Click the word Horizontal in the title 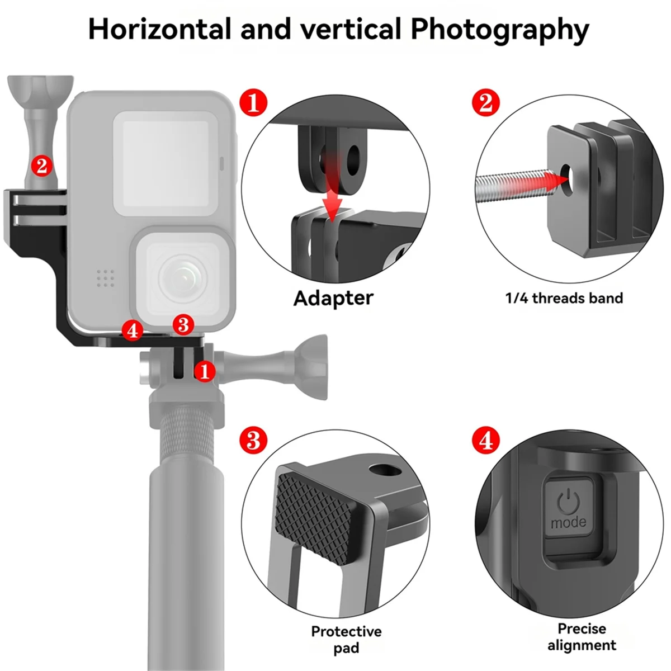point(159,29)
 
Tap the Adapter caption point(333,298)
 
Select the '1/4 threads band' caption point(564,298)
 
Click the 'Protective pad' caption point(346,640)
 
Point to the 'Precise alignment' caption point(582,637)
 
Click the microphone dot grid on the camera point(106,278)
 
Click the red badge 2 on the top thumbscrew point(42,165)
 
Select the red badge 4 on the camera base point(133,330)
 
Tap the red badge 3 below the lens point(183,324)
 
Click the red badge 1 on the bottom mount point(205,370)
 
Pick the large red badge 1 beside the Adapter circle point(253,103)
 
